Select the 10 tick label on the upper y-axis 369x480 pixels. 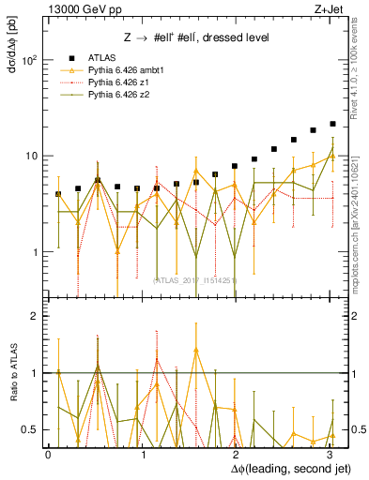(x=31, y=156)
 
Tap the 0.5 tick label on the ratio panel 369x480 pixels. (x=30, y=429)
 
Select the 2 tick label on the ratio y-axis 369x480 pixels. (x=35, y=316)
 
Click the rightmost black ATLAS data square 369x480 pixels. (x=332, y=124)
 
